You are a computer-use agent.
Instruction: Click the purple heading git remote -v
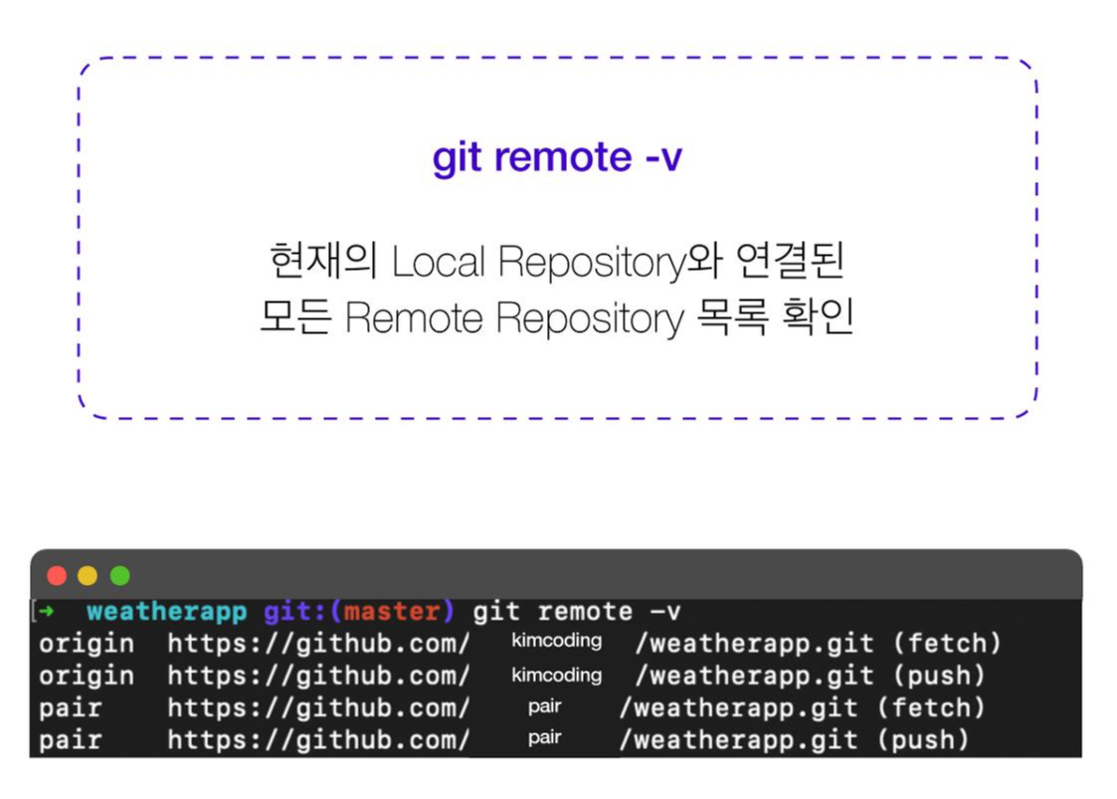click(x=557, y=157)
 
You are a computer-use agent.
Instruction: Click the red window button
click(x=57, y=575)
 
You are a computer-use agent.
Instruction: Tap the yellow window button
click(x=88, y=575)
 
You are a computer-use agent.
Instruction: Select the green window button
click(x=119, y=575)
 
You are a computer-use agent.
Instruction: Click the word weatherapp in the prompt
click(x=166, y=612)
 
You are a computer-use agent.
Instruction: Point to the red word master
click(x=391, y=612)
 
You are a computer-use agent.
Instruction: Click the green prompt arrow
click(x=46, y=612)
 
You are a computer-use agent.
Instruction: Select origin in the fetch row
click(x=86, y=644)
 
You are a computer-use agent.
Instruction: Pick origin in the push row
click(x=86, y=676)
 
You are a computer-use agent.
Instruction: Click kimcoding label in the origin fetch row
click(x=556, y=641)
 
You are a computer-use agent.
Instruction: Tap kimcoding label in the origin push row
click(x=556, y=675)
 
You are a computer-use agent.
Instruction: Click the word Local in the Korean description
click(x=439, y=262)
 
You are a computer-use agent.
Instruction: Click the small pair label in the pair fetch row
click(x=544, y=706)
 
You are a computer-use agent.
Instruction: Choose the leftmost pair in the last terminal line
click(x=70, y=739)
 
